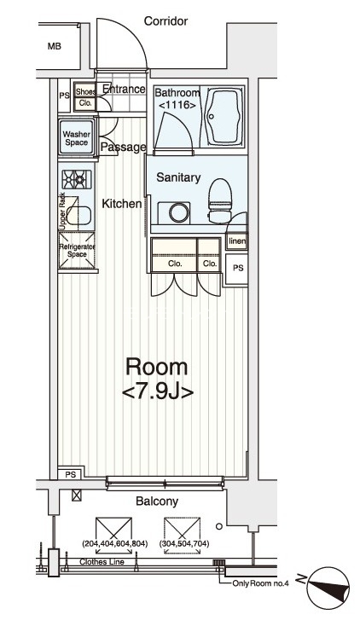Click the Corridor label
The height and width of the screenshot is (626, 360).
click(165, 20)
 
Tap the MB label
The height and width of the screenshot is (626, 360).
click(55, 46)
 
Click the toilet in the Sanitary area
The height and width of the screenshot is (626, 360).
click(220, 200)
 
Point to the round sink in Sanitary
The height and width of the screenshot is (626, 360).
click(178, 213)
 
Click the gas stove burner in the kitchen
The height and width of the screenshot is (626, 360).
click(77, 180)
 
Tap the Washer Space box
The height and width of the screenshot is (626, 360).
click(77, 136)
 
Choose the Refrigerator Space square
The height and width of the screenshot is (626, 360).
click(77, 251)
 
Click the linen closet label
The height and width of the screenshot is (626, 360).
click(236, 241)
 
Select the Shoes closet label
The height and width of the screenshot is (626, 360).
click(85, 91)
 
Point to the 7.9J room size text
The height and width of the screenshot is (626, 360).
click(158, 392)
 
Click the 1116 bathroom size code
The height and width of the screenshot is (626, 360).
click(177, 106)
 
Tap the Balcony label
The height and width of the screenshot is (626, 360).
click(157, 501)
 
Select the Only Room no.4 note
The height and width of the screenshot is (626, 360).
click(260, 583)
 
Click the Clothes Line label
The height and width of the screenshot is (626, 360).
click(102, 562)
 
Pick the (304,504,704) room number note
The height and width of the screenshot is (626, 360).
click(184, 543)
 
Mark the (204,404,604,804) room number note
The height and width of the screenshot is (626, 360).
click(114, 543)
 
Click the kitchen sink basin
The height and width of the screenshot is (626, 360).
click(78, 216)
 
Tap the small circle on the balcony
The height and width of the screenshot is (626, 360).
click(218, 526)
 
